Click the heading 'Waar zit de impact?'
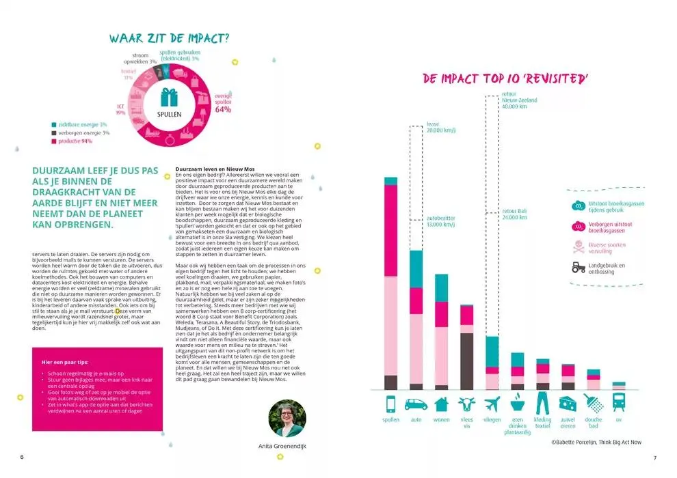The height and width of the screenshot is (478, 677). tap(169, 39)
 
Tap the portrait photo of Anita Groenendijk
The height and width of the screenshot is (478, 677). tap(287, 418)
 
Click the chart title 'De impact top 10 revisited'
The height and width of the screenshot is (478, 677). tap(505, 79)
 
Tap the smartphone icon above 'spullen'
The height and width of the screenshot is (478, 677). tap(391, 402)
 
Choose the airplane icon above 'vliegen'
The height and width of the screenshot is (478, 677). tap(492, 402)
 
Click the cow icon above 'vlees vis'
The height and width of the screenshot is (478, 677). tap(467, 402)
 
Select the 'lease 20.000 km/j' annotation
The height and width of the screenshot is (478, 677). tap(441, 127)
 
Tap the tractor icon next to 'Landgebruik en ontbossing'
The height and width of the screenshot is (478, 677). tap(579, 268)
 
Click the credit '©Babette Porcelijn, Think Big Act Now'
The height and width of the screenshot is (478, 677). tap(596, 442)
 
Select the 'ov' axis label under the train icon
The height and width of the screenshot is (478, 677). tap(618, 419)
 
